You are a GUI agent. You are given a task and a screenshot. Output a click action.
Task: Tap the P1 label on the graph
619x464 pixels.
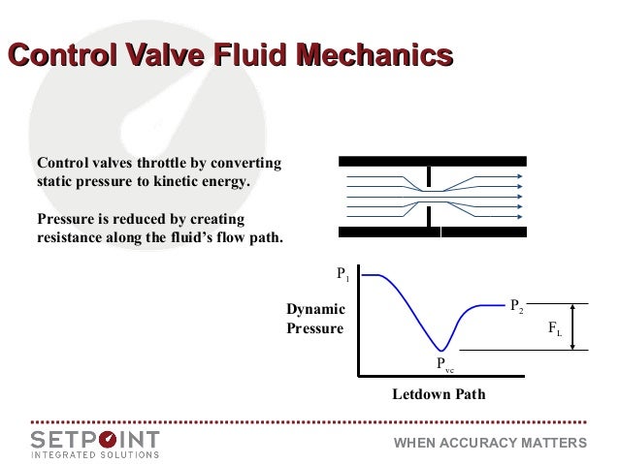click(342, 275)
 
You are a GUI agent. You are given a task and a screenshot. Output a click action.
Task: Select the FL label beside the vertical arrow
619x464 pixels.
click(554, 329)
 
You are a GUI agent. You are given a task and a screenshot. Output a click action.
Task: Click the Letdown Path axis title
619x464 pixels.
click(438, 395)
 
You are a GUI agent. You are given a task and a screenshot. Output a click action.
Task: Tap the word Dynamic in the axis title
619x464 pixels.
click(315, 309)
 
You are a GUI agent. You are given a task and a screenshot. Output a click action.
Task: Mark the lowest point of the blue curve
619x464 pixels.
click(442, 350)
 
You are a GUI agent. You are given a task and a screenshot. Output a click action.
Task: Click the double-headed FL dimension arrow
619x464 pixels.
click(574, 325)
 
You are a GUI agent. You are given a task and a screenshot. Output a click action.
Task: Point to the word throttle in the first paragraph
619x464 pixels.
click(170, 163)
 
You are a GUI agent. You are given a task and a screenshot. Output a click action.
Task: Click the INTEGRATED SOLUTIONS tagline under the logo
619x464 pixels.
click(95, 453)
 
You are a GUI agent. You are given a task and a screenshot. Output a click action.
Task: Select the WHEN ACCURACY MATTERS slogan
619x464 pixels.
click(490, 443)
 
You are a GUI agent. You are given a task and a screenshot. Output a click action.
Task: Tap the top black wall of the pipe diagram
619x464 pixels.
click(433, 159)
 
